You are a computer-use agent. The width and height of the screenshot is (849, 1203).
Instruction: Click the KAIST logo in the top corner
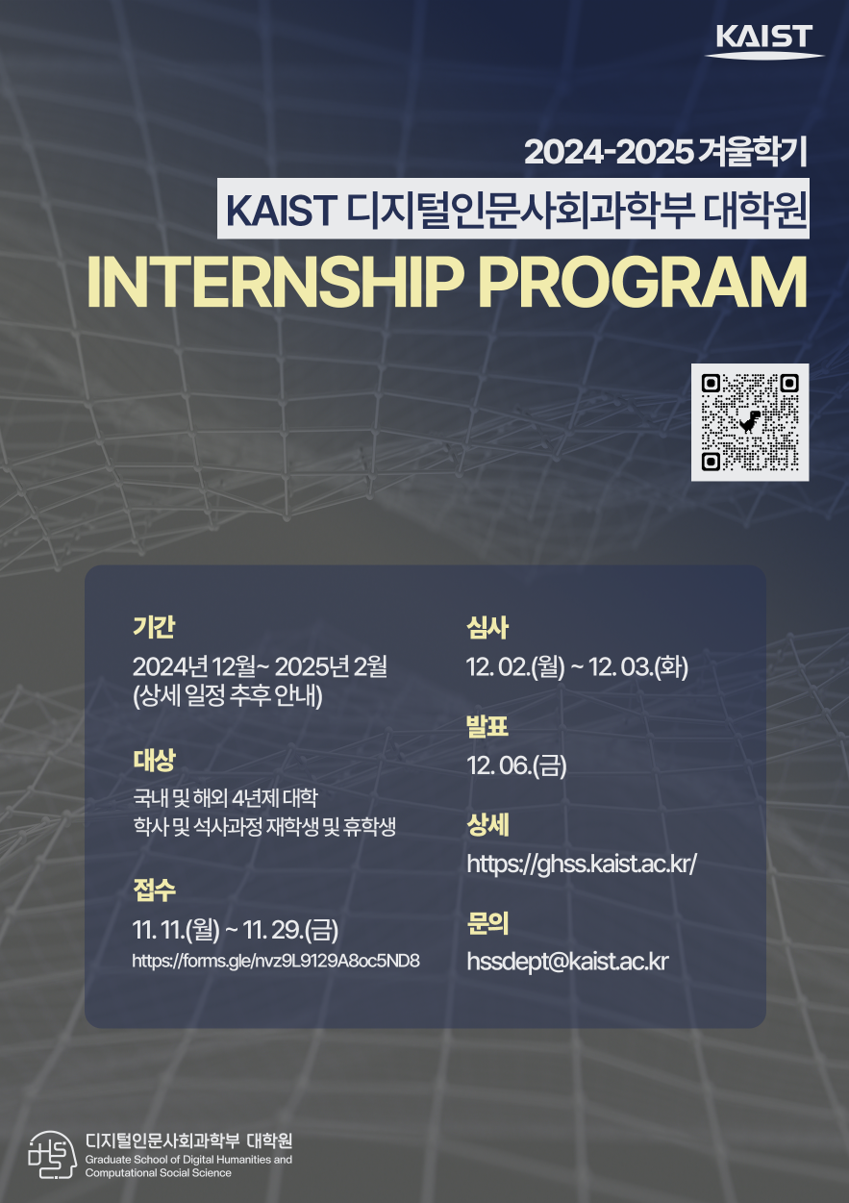pyautogui.click(x=764, y=40)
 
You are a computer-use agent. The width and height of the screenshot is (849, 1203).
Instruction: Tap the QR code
pyautogui.click(x=750, y=422)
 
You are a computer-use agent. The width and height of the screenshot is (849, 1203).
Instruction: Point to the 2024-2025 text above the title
pyautogui.click(x=609, y=152)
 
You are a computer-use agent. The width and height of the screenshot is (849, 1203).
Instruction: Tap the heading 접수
pyautogui.click(x=154, y=890)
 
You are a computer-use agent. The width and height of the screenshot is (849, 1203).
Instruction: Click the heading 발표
pyautogui.click(x=487, y=727)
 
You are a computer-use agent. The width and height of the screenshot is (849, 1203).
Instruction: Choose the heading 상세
pyautogui.click(x=487, y=825)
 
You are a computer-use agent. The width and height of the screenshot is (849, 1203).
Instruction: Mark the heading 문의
pyautogui.click(x=487, y=924)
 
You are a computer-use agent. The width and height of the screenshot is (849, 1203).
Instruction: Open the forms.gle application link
pyautogui.click(x=276, y=960)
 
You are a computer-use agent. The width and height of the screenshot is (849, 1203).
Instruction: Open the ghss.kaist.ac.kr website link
pyautogui.click(x=581, y=863)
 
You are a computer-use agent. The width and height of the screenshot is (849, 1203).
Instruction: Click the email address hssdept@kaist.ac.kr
pyautogui.click(x=567, y=961)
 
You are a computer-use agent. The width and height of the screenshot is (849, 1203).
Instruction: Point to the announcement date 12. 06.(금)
pyautogui.click(x=516, y=765)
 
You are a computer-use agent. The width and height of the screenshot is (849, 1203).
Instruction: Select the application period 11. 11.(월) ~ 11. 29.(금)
pyautogui.click(x=236, y=930)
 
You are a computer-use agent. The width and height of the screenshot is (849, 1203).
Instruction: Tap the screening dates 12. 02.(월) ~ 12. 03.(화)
pyautogui.click(x=577, y=666)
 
